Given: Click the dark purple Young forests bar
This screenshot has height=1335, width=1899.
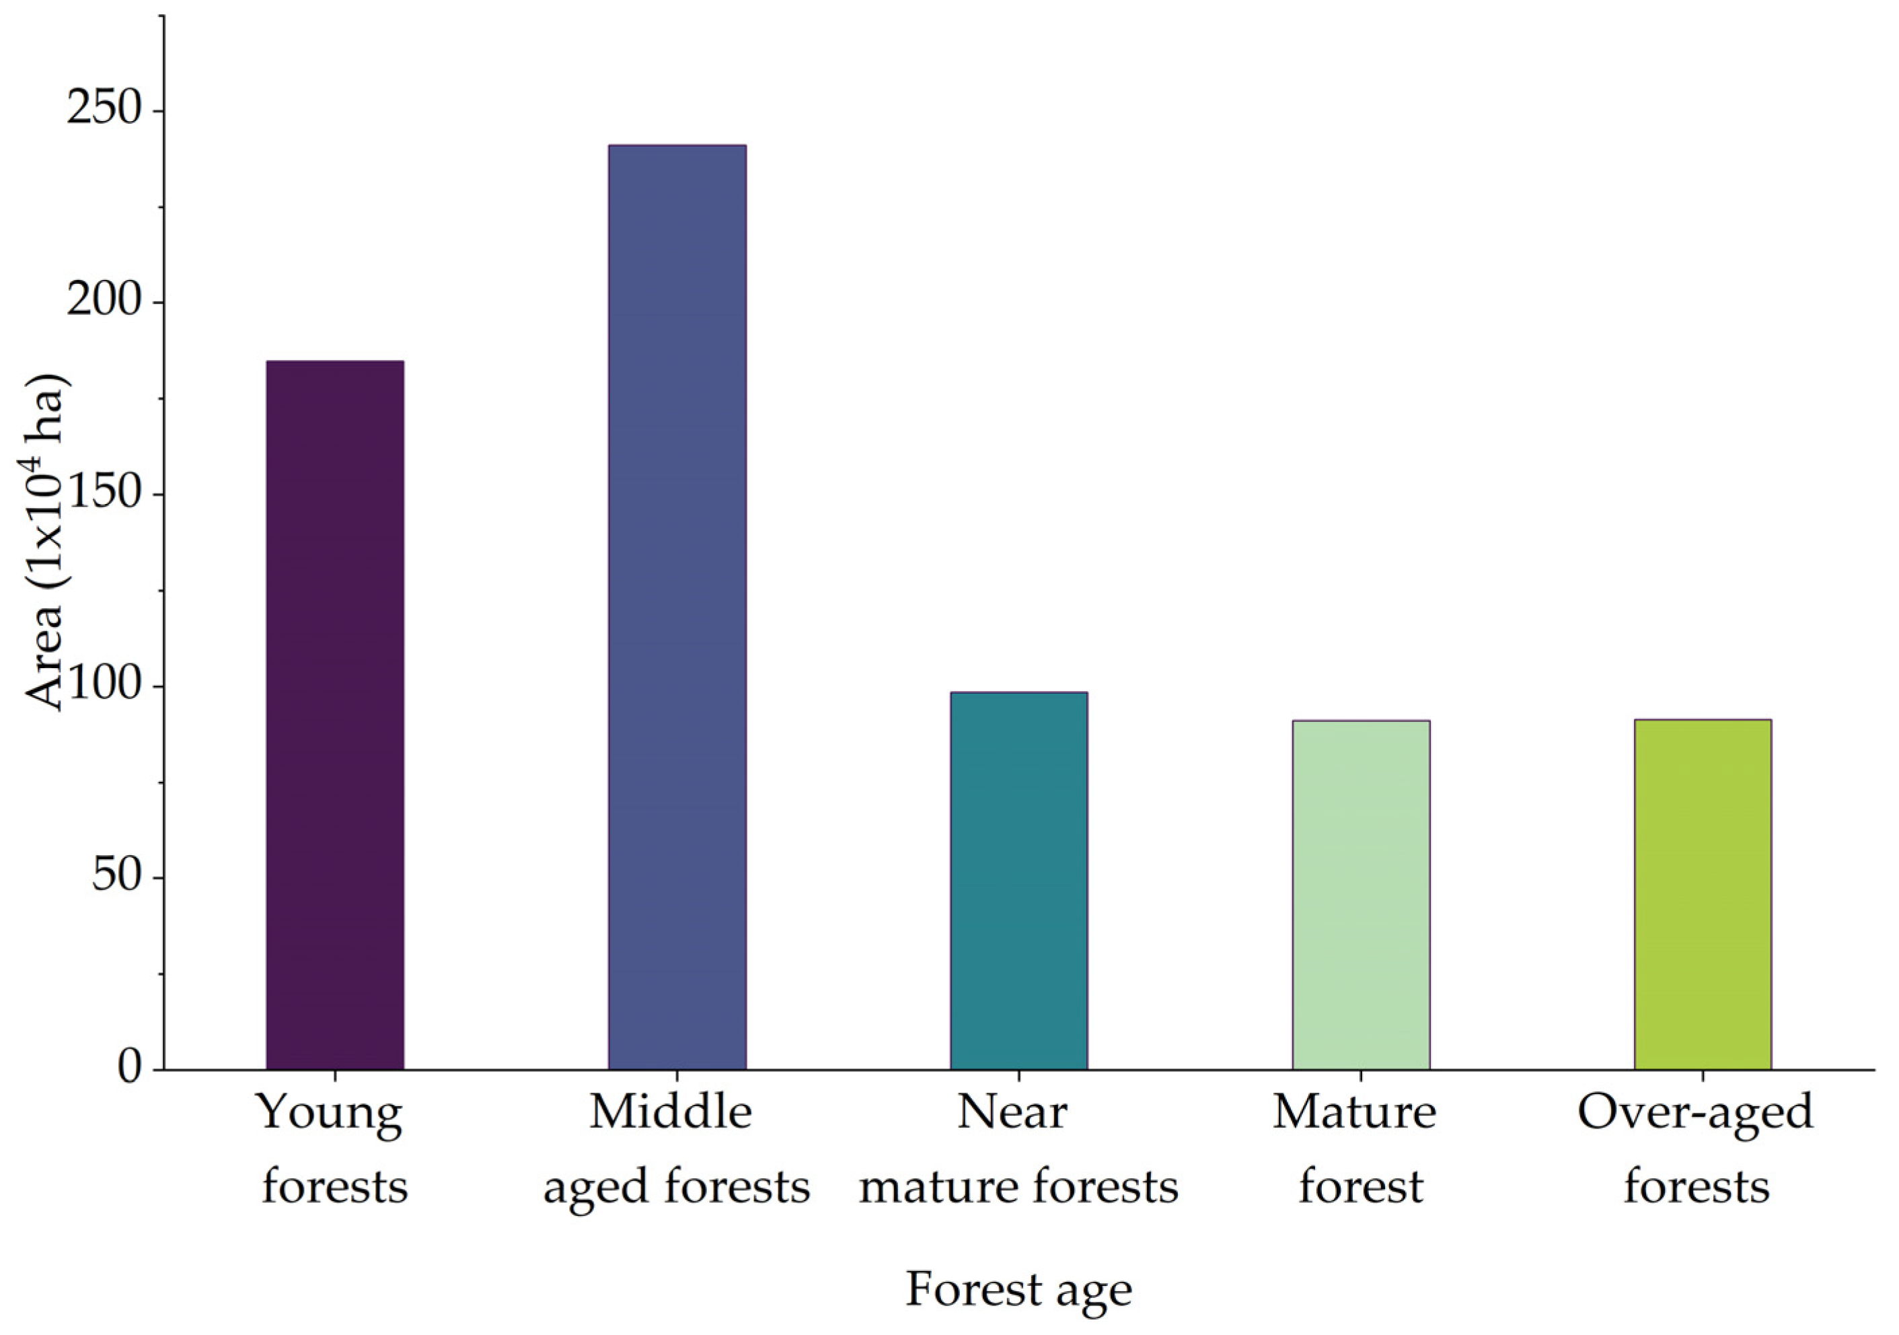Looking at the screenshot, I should pyautogui.click(x=334, y=715).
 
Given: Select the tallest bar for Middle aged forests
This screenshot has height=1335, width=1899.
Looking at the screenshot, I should pyautogui.click(x=677, y=607).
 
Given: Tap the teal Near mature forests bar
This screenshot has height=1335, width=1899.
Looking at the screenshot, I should pyautogui.click(x=1018, y=880).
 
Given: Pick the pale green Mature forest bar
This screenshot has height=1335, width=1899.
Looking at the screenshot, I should pyautogui.click(x=1361, y=895).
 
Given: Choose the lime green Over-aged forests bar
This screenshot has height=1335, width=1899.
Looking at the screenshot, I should pyautogui.click(x=1702, y=894).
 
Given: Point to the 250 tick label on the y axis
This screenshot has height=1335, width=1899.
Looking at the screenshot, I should pyautogui.click(x=105, y=110).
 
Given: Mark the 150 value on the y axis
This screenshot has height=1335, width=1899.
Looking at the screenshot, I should pyautogui.click(x=105, y=494).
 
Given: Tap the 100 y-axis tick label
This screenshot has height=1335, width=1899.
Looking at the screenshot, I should pyautogui.click(x=105, y=686).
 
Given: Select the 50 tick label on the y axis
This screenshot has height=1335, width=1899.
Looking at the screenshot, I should pyautogui.click(x=118, y=877).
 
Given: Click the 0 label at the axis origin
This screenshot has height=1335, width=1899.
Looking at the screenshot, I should pyautogui.click(x=130, y=1069).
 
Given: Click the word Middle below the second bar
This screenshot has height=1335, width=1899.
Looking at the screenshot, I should pyautogui.click(x=670, y=1112).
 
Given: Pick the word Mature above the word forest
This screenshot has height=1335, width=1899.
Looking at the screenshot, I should pyautogui.click(x=1354, y=1112).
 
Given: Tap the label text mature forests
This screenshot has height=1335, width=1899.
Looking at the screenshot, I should pyautogui.click(x=1018, y=1187).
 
